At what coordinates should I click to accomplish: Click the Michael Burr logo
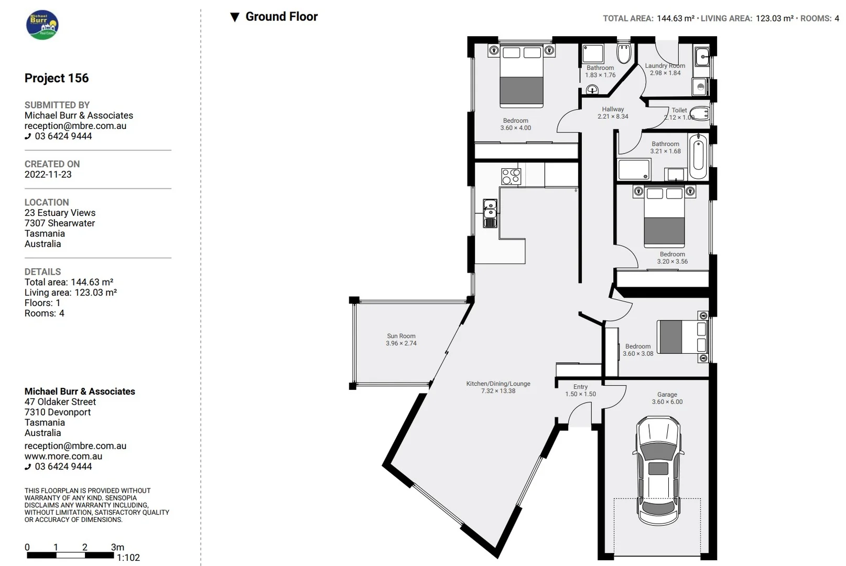[x=42, y=25]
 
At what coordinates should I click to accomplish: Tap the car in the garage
[x=658, y=471]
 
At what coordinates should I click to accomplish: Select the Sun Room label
[x=401, y=336]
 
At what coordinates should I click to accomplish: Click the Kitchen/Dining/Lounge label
[x=498, y=384]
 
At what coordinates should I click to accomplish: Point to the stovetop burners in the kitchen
[x=511, y=176]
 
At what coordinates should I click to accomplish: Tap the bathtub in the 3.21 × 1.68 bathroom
[x=698, y=157]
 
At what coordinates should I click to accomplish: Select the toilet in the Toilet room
[x=699, y=113]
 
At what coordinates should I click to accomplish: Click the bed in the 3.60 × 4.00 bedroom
[x=521, y=76]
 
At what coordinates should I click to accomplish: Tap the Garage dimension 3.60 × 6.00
[x=667, y=402]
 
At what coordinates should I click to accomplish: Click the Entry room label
[x=580, y=387]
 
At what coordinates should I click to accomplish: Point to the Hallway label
[x=612, y=109]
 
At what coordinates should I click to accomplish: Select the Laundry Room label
[x=665, y=66]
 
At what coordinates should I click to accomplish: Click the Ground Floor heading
[x=281, y=17]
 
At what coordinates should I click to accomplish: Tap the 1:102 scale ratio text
[x=128, y=558]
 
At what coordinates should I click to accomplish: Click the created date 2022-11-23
[x=48, y=175]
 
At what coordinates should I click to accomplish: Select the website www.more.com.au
[x=63, y=456]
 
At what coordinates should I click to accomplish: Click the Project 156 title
[x=57, y=78]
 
